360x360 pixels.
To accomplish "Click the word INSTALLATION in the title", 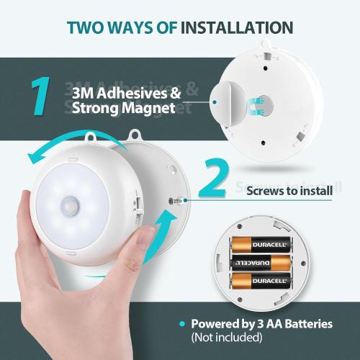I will click(x=237, y=27).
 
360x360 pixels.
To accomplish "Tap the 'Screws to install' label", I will click(x=289, y=191).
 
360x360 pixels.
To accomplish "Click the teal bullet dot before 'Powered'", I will click(x=183, y=324).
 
